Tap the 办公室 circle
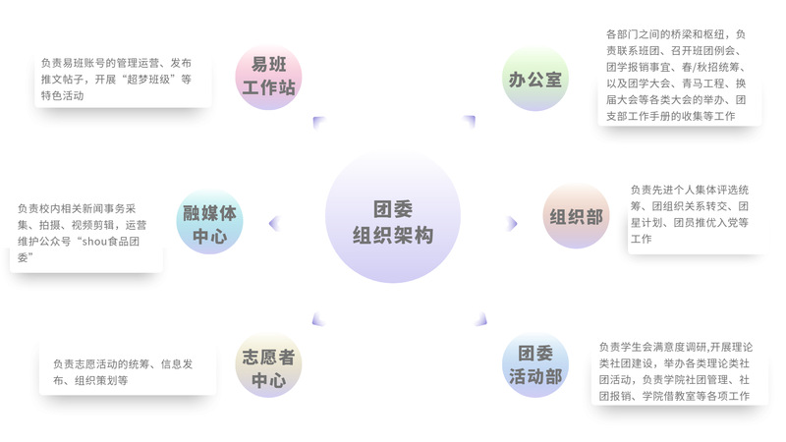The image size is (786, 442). (x=535, y=79)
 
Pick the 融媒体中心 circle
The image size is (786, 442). (x=208, y=223)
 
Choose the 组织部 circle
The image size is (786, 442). (x=576, y=217)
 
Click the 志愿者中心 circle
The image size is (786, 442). (x=267, y=365)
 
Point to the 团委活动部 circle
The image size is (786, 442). (x=535, y=365)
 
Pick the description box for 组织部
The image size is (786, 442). (x=696, y=216)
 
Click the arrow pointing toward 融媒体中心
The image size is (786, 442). (x=274, y=223)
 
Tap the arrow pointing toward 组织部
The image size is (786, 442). (x=512, y=223)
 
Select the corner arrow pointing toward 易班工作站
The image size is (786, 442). (x=318, y=122)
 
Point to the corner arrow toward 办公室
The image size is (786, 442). (x=470, y=122)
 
